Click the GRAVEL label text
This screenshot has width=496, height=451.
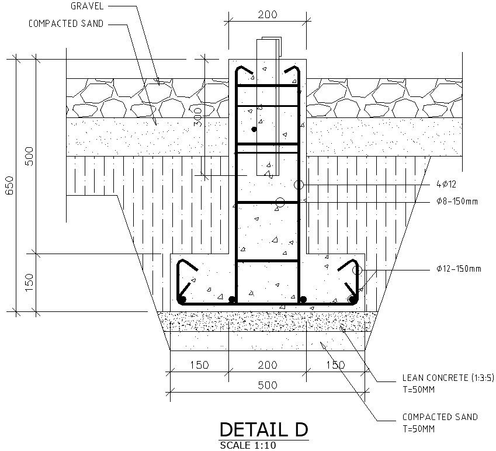86,6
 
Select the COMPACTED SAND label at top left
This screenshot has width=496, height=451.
65,24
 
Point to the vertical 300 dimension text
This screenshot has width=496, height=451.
197,117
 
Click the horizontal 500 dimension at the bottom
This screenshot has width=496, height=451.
267,386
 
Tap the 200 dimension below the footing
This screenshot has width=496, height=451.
267,366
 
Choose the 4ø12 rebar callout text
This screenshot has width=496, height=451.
446,185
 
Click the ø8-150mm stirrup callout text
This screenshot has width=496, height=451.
457,202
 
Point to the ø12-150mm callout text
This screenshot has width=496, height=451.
459,269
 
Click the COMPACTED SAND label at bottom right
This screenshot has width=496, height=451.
440,417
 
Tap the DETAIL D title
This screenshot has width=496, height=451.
263,430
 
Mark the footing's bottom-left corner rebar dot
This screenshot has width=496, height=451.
182,300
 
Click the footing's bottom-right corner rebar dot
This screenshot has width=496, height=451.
352,300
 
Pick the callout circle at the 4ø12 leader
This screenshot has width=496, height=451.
299,185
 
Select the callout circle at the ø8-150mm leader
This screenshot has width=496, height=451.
279,202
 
